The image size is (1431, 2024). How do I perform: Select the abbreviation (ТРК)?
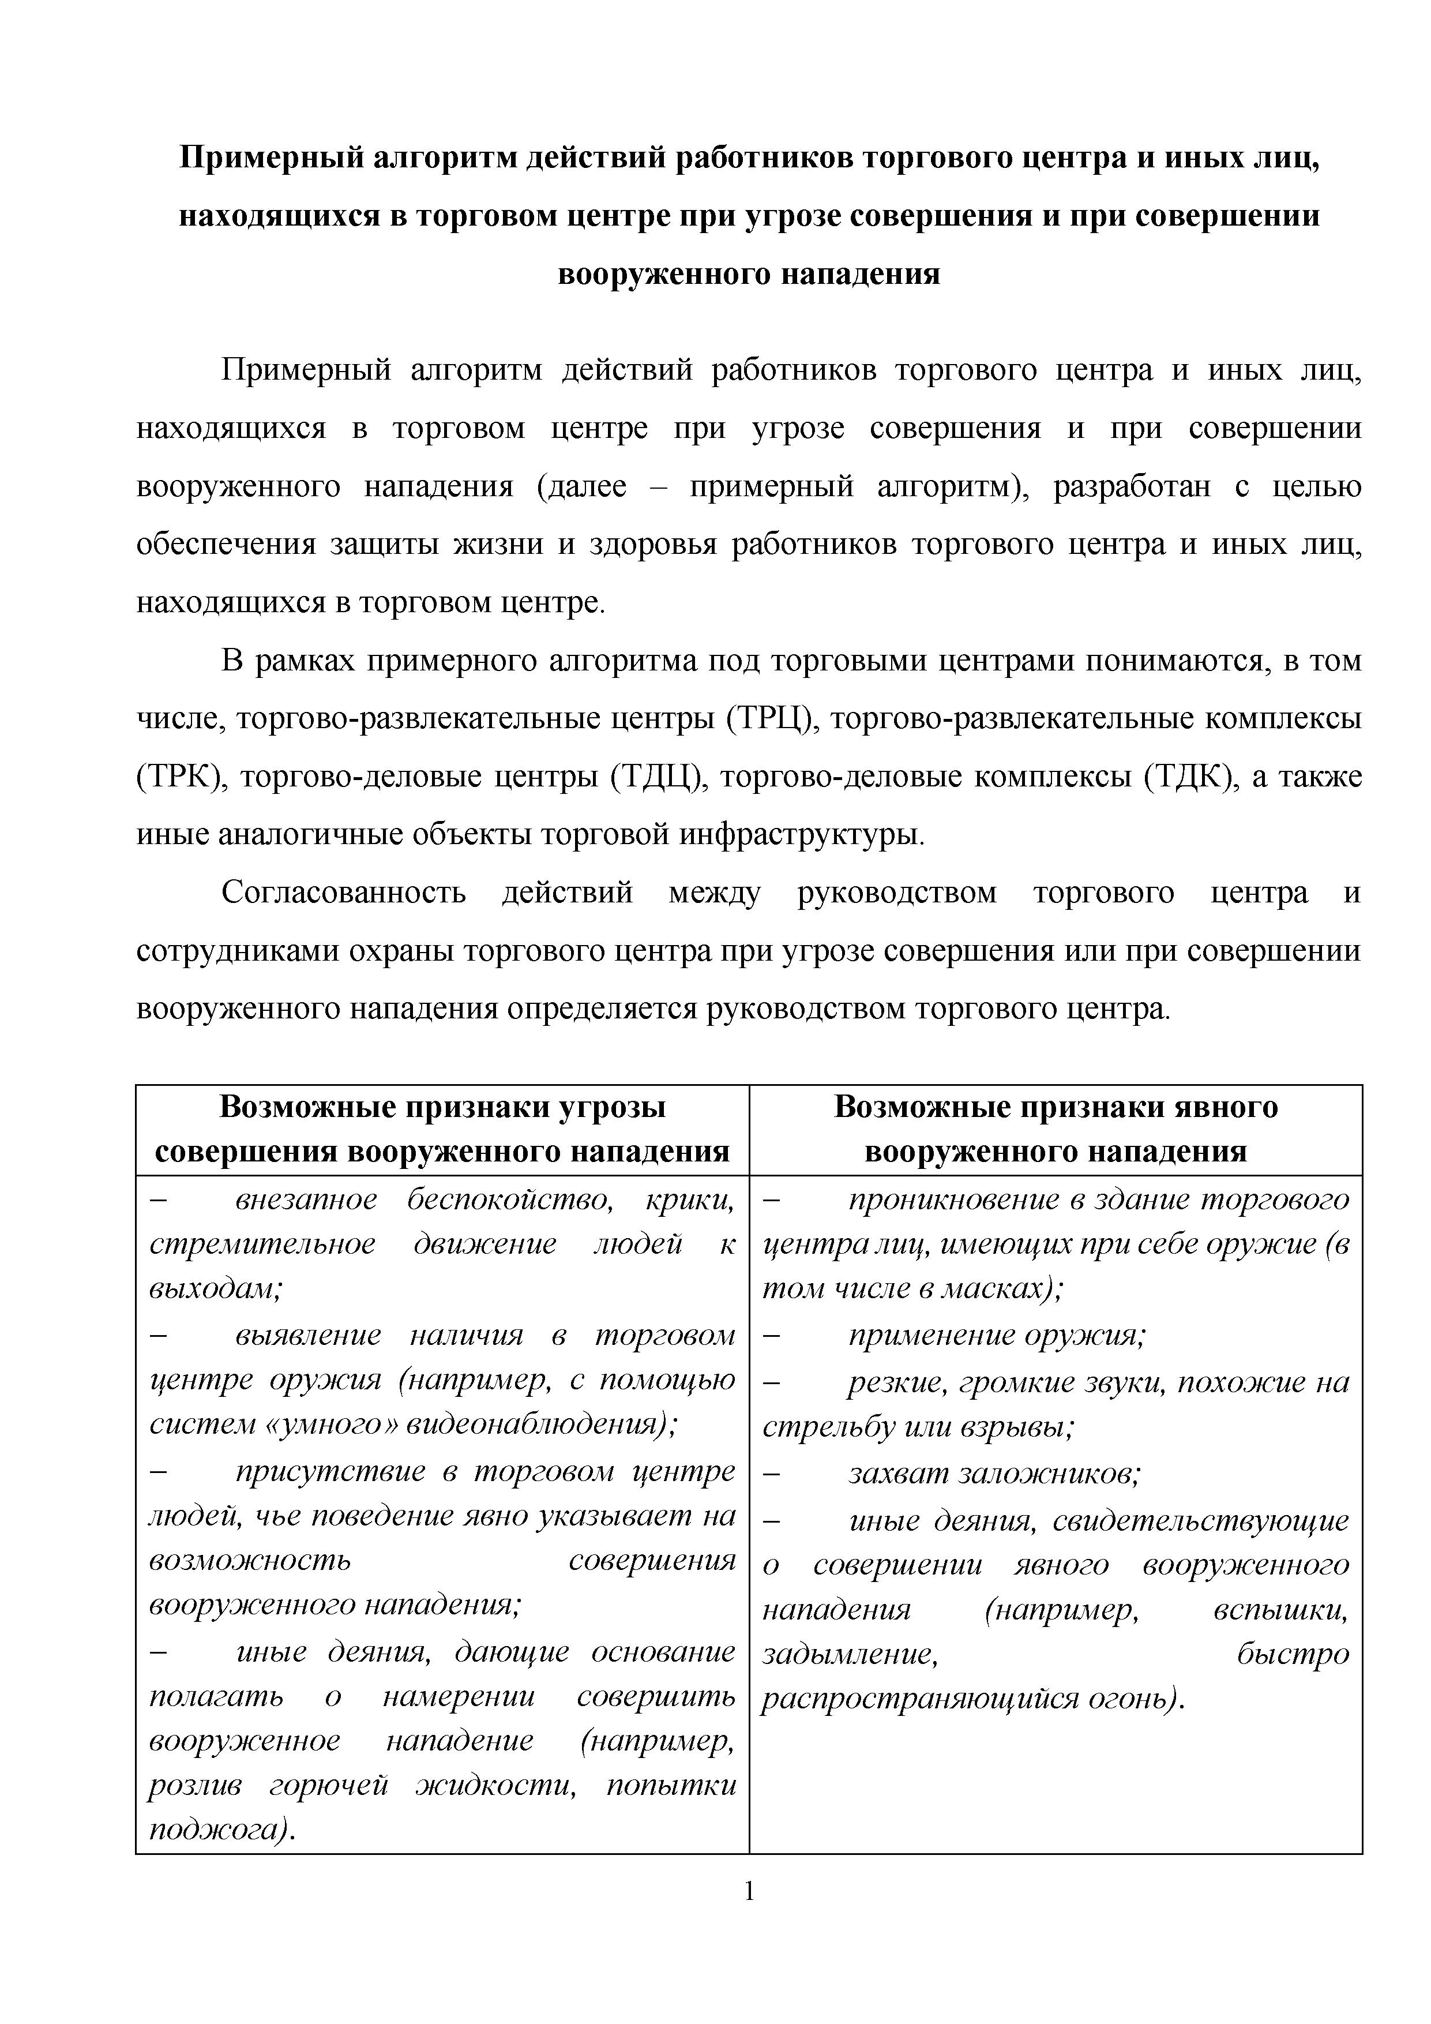[x=182, y=778]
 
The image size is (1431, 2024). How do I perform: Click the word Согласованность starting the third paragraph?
[x=344, y=893]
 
